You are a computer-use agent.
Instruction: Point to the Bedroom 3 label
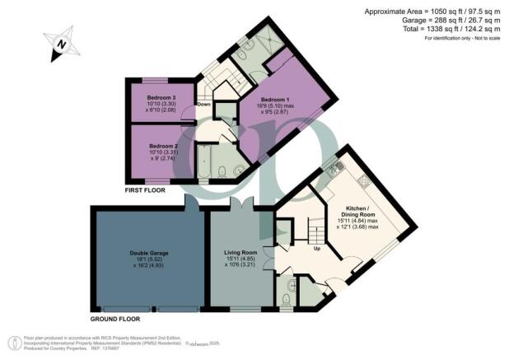coord(161,98)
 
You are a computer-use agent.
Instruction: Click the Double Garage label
coord(145,253)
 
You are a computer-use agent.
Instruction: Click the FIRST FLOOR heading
coord(146,189)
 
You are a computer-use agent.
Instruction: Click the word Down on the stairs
coord(203,104)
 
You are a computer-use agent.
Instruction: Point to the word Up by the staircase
coord(318,248)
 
